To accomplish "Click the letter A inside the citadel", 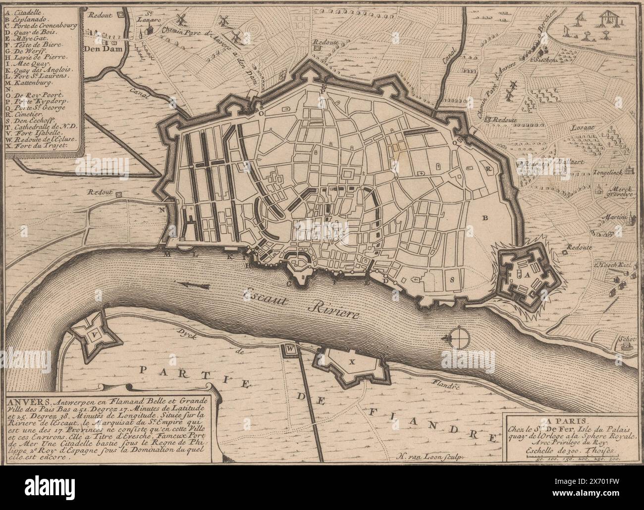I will pos(527,274).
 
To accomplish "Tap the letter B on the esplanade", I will pos(485,217).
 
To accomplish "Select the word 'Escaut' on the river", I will pos(265,296).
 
